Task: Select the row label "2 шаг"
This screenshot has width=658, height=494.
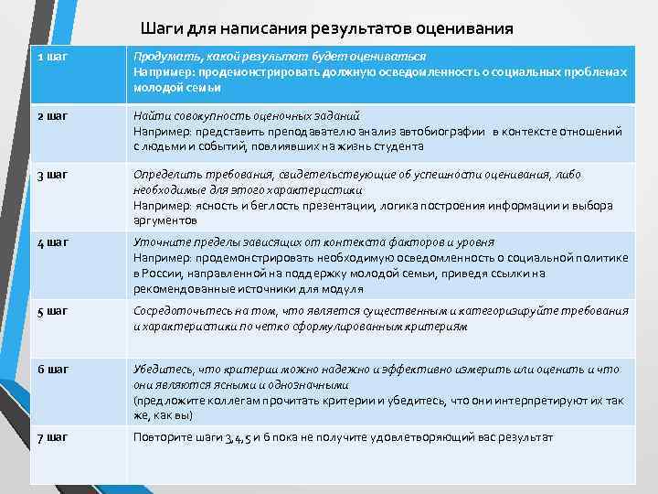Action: coord(53,115)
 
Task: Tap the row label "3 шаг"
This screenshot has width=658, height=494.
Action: coord(53,173)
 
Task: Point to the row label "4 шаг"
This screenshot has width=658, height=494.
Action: coord(53,242)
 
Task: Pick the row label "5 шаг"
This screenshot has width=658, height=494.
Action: coord(53,311)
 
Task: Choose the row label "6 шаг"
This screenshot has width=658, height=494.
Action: coord(53,369)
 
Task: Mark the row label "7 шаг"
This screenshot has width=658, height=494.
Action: coord(53,437)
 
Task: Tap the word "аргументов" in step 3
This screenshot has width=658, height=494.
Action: coord(164,220)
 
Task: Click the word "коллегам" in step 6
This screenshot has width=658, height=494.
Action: coord(220,401)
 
